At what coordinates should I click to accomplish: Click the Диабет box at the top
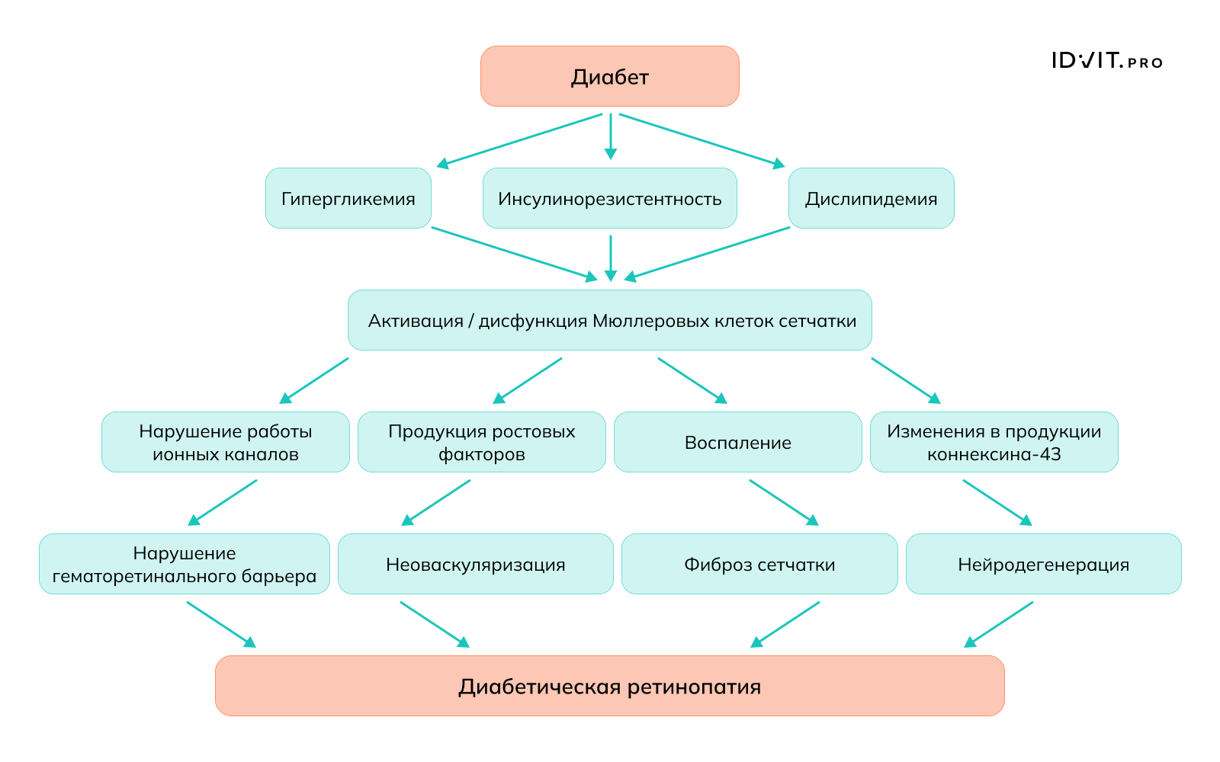609,76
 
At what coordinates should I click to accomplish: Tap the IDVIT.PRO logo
1106,61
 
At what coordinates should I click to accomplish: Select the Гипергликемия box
348,198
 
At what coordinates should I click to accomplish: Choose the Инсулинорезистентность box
609,198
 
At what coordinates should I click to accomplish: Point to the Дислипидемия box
871,198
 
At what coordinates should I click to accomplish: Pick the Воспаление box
737,442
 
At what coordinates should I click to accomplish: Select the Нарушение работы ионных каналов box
225,442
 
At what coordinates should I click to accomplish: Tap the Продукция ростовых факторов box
481,442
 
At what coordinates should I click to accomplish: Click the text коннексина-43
994,455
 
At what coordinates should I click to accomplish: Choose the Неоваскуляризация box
475,564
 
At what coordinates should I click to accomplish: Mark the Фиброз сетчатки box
759,564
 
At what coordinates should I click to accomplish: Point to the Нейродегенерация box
1043,564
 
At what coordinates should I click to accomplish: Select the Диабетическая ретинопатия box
609,686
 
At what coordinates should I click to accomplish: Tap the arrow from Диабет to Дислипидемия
701,140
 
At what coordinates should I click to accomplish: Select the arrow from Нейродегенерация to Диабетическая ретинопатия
999,624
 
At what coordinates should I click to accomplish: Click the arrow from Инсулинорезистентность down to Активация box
610,258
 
